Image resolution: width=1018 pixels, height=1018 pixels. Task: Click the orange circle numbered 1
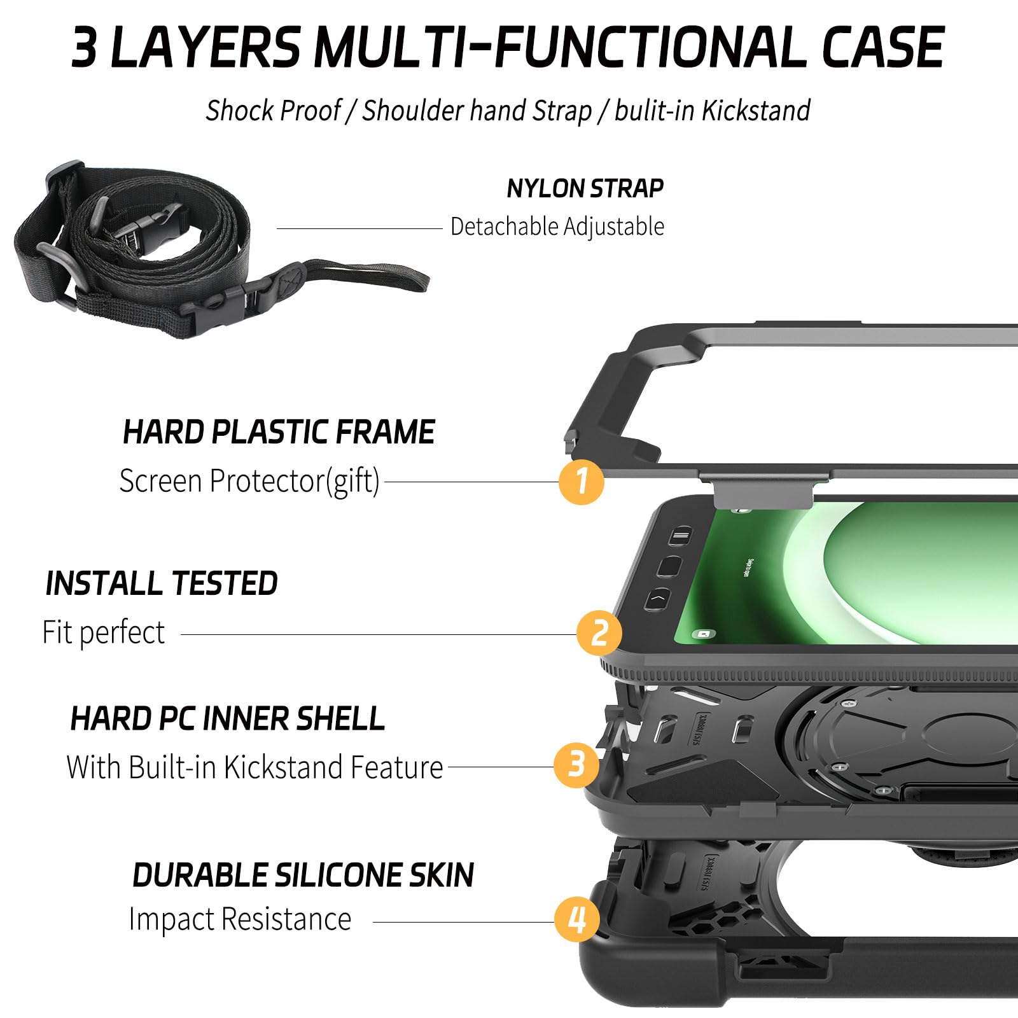(x=581, y=482)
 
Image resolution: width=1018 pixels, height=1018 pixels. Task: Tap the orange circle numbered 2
(x=599, y=633)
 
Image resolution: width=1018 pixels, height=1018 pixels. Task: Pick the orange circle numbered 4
(x=576, y=919)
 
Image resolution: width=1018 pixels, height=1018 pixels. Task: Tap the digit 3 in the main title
(x=84, y=48)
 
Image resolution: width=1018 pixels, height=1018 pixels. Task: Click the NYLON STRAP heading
(x=585, y=188)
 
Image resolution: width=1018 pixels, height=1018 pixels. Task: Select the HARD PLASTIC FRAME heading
(x=279, y=433)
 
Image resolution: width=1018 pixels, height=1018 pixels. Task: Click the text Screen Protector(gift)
(x=249, y=481)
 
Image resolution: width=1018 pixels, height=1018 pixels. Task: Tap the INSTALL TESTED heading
(x=162, y=583)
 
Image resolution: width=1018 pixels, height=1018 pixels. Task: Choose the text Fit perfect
(x=104, y=632)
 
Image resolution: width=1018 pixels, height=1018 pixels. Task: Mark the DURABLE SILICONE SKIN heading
(x=303, y=875)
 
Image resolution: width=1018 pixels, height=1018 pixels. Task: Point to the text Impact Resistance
(x=240, y=919)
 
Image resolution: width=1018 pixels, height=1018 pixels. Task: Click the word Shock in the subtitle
(x=238, y=111)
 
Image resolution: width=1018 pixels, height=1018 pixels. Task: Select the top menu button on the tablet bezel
(x=680, y=536)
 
